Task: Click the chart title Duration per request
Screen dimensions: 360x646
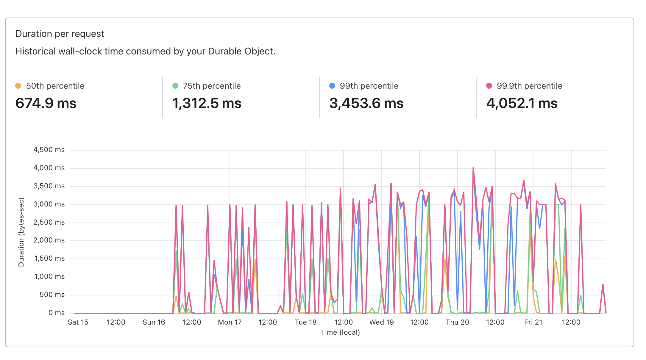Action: click(60, 34)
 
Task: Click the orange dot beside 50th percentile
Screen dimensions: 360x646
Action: click(18, 86)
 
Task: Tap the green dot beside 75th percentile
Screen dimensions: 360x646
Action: click(175, 86)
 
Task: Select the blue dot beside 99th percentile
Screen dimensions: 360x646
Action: click(332, 86)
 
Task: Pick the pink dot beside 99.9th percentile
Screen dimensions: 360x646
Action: click(489, 86)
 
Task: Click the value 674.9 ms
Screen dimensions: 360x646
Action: click(46, 104)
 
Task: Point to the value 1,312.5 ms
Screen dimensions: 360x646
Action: click(207, 104)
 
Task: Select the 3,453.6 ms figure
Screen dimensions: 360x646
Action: click(366, 104)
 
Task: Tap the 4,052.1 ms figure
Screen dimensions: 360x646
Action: click(522, 104)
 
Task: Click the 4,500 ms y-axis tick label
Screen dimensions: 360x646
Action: click(49, 150)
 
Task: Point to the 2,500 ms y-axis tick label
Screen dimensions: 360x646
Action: click(49, 222)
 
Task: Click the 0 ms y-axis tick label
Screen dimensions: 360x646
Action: click(57, 313)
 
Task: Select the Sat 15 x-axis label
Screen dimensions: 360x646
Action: click(78, 322)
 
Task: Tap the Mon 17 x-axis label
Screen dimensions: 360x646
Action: click(230, 322)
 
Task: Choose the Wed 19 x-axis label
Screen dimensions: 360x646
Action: click(381, 322)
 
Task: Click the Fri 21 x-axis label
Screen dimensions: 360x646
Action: click(533, 322)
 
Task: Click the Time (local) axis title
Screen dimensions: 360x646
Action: click(340, 332)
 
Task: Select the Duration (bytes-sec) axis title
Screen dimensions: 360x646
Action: click(21, 232)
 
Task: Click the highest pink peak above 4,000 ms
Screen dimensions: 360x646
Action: click(473, 168)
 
